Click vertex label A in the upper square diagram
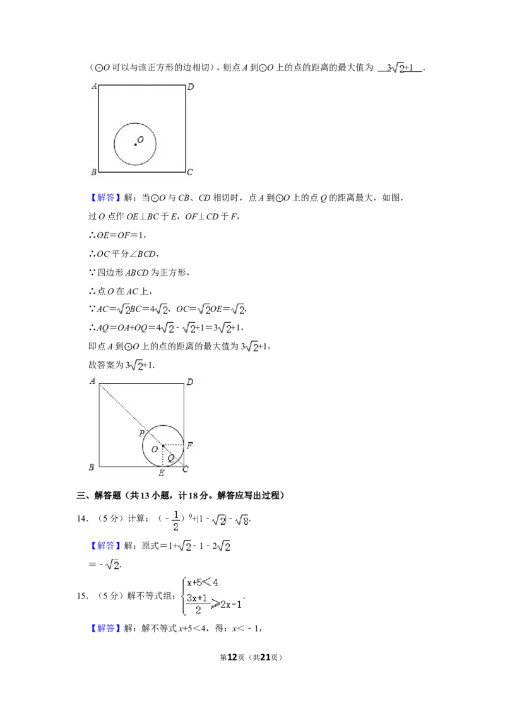(x=94, y=86)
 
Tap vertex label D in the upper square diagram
(x=191, y=86)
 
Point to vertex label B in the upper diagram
(x=93, y=172)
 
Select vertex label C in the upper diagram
(x=190, y=172)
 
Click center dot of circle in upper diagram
(x=135, y=144)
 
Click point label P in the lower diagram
(x=141, y=433)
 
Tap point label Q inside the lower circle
(x=171, y=458)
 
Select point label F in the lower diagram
(x=189, y=445)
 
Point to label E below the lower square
(x=162, y=473)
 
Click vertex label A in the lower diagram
(x=93, y=381)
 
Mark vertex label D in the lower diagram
(x=189, y=382)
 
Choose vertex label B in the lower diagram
(x=92, y=467)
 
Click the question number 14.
(x=82, y=518)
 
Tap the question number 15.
(x=82, y=596)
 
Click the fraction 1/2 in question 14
(x=175, y=520)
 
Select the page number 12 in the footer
(x=232, y=657)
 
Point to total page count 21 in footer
(x=265, y=657)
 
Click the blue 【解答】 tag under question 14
(x=105, y=546)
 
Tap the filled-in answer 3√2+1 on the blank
(x=400, y=68)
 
